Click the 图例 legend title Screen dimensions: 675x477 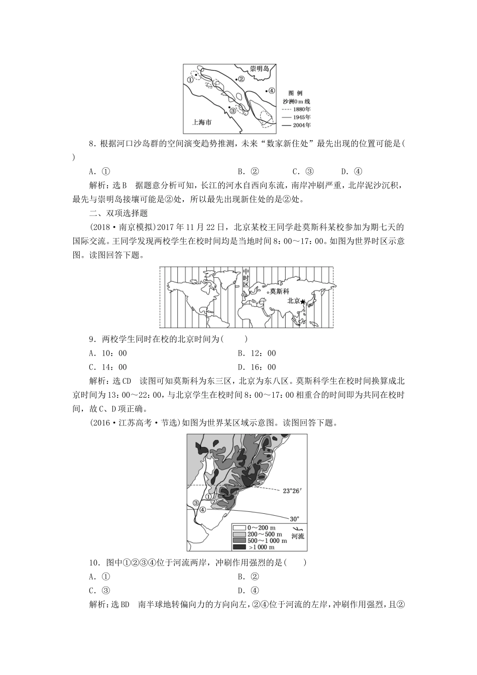coord(295,93)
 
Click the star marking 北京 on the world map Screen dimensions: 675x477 coord(303,301)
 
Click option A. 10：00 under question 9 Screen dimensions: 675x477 coord(108,353)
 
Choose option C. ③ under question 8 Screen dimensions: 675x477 coord(303,171)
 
